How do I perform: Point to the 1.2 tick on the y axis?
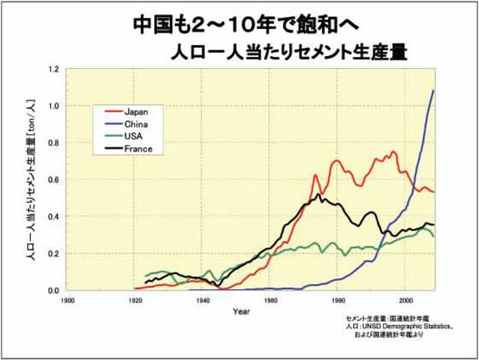pos(53,69)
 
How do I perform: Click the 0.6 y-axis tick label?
pos(53,180)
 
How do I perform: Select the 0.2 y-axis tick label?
pos(53,254)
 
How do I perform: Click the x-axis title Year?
pos(241,311)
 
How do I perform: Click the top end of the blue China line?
pos(433,91)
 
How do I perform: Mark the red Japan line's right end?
pos(433,192)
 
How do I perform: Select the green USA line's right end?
pos(433,236)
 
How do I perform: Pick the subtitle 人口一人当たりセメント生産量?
pos(293,52)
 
